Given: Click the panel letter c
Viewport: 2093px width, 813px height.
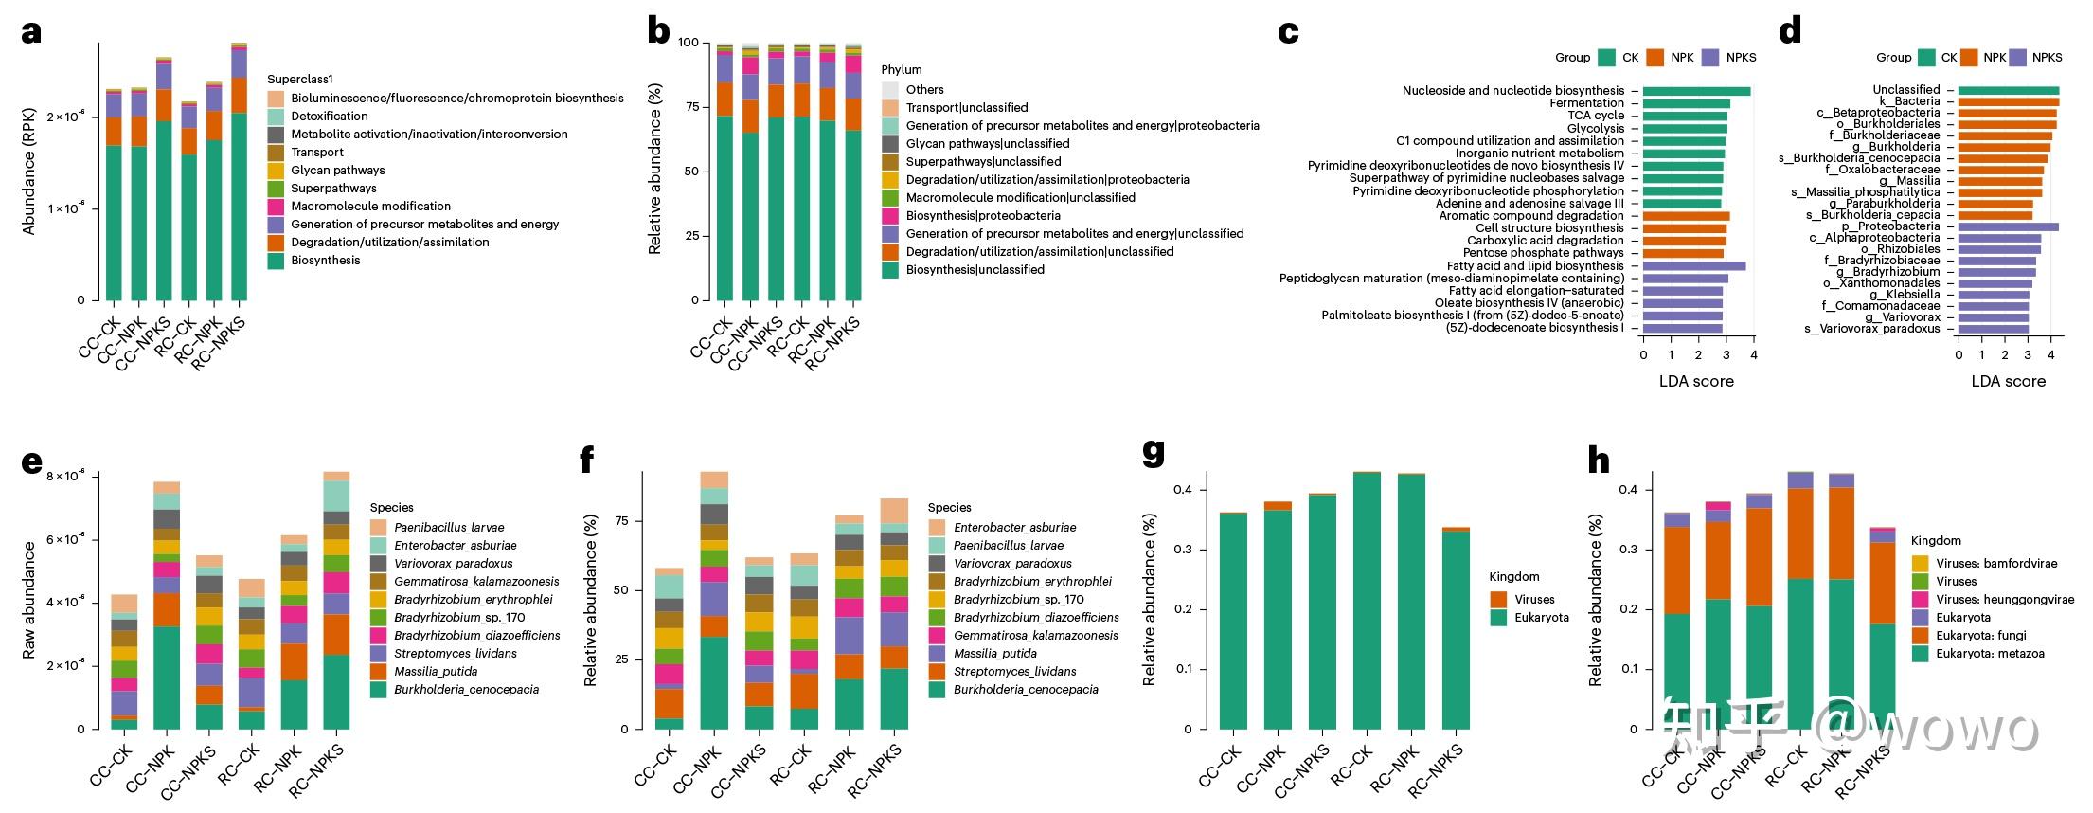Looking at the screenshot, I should tap(1288, 33).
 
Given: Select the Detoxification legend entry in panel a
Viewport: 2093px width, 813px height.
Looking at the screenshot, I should tap(329, 116).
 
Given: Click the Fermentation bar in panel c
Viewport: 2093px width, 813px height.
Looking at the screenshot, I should tap(1686, 103).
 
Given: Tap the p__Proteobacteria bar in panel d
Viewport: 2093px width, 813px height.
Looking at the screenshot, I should tap(2008, 226).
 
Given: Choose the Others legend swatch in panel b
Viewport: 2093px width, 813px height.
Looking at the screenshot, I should tap(890, 89).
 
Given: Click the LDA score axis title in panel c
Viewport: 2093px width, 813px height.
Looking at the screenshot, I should tap(1696, 381).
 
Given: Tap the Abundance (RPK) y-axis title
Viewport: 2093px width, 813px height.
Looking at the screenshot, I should tap(28, 172).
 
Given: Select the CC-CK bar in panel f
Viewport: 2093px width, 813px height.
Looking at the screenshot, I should tap(670, 648).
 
